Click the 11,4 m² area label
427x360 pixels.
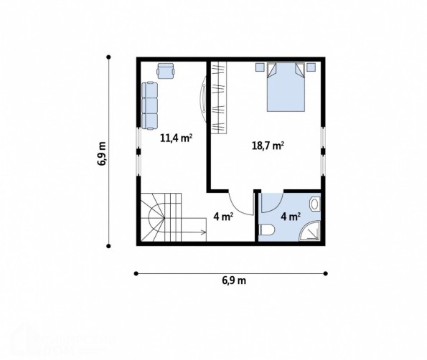(x=177, y=138)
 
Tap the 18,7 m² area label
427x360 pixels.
(x=268, y=146)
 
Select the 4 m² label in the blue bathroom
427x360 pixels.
(x=291, y=217)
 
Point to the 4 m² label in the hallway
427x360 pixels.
(x=223, y=217)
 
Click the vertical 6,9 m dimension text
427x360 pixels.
(x=102, y=153)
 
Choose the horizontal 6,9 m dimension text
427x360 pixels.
(x=234, y=280)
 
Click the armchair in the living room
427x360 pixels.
(x=165, y=71)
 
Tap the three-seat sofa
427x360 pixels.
(x=149, y=105)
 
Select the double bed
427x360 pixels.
(x=286, y=87)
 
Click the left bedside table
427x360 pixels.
(x=260, y=67)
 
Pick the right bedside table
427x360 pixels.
(x=311, y=67)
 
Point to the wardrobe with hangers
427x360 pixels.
(x=219, y=98)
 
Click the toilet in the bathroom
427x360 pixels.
(x=267, y=230)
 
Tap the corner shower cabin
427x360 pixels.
(x=309, y=231)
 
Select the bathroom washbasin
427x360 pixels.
(x=315, y=204)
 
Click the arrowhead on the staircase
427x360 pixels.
(x=203, y=232)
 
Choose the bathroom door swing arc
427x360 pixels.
(x=276, y=206)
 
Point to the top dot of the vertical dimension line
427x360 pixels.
(x=108, y=57)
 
